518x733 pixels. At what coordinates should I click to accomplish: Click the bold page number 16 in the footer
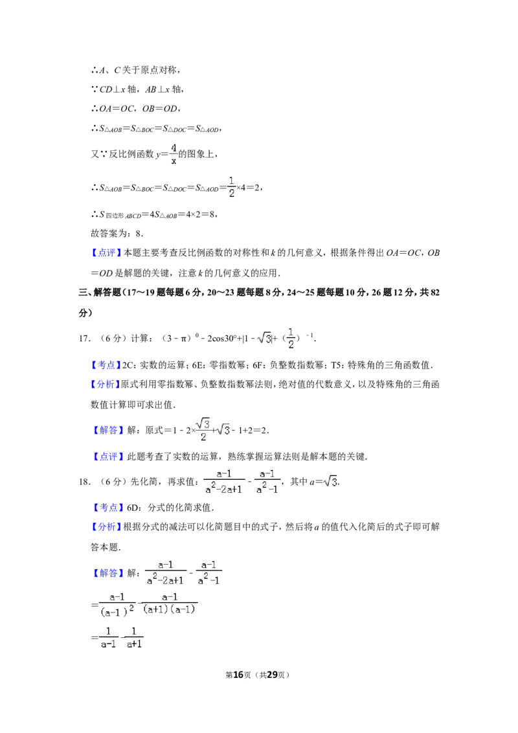pyautogui.click(x=238, y=675)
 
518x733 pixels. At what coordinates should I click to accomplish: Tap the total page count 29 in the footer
pyautogui.click(x=271, y=675)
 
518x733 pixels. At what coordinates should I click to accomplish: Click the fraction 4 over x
pyautogui.click(x=174, y=154)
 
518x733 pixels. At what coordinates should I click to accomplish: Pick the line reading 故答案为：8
pyautogui.click(x=117, y=233)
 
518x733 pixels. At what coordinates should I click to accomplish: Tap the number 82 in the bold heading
pyautogui.click(x=434, y=292)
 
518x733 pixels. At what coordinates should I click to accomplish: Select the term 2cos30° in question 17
pyautogui.click(x=222, y=339)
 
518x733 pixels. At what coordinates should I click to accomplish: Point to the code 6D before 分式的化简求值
pyautogui.click(x=133, y=507)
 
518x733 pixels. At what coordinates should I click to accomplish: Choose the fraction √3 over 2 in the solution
pyautogui.click(x=203, y=430)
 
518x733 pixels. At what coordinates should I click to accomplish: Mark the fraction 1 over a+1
pyautogui.click(x=133, y=638)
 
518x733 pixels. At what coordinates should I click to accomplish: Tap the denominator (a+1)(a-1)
pyautogui.click(x=169, y=609)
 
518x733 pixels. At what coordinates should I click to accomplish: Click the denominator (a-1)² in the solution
pyautogui.click(x=117, y=610)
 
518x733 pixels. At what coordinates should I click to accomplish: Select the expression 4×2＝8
pyautogui.click(x=201, y=214)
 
